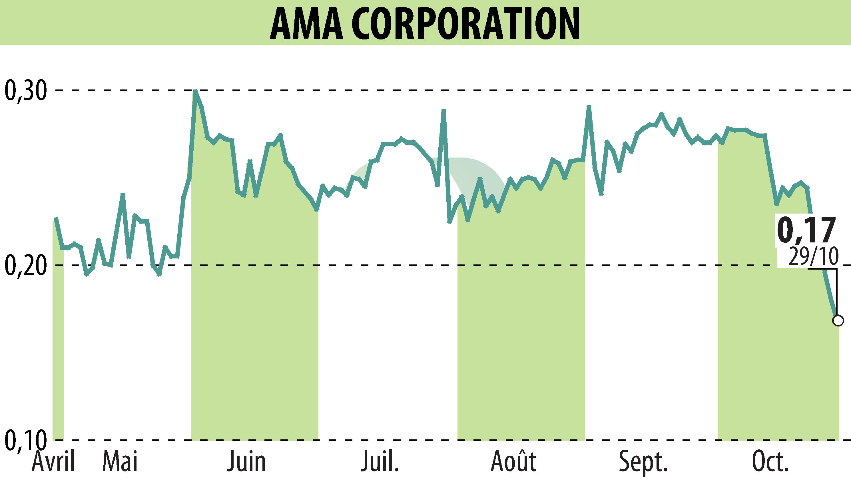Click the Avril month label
[53, 461]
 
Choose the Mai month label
[120, 461]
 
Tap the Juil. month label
[380, 461]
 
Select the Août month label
[514, 461]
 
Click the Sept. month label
[643, 461]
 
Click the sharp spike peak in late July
[443, 110]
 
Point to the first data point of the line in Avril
[56, 218]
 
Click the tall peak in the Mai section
[123, 194]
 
